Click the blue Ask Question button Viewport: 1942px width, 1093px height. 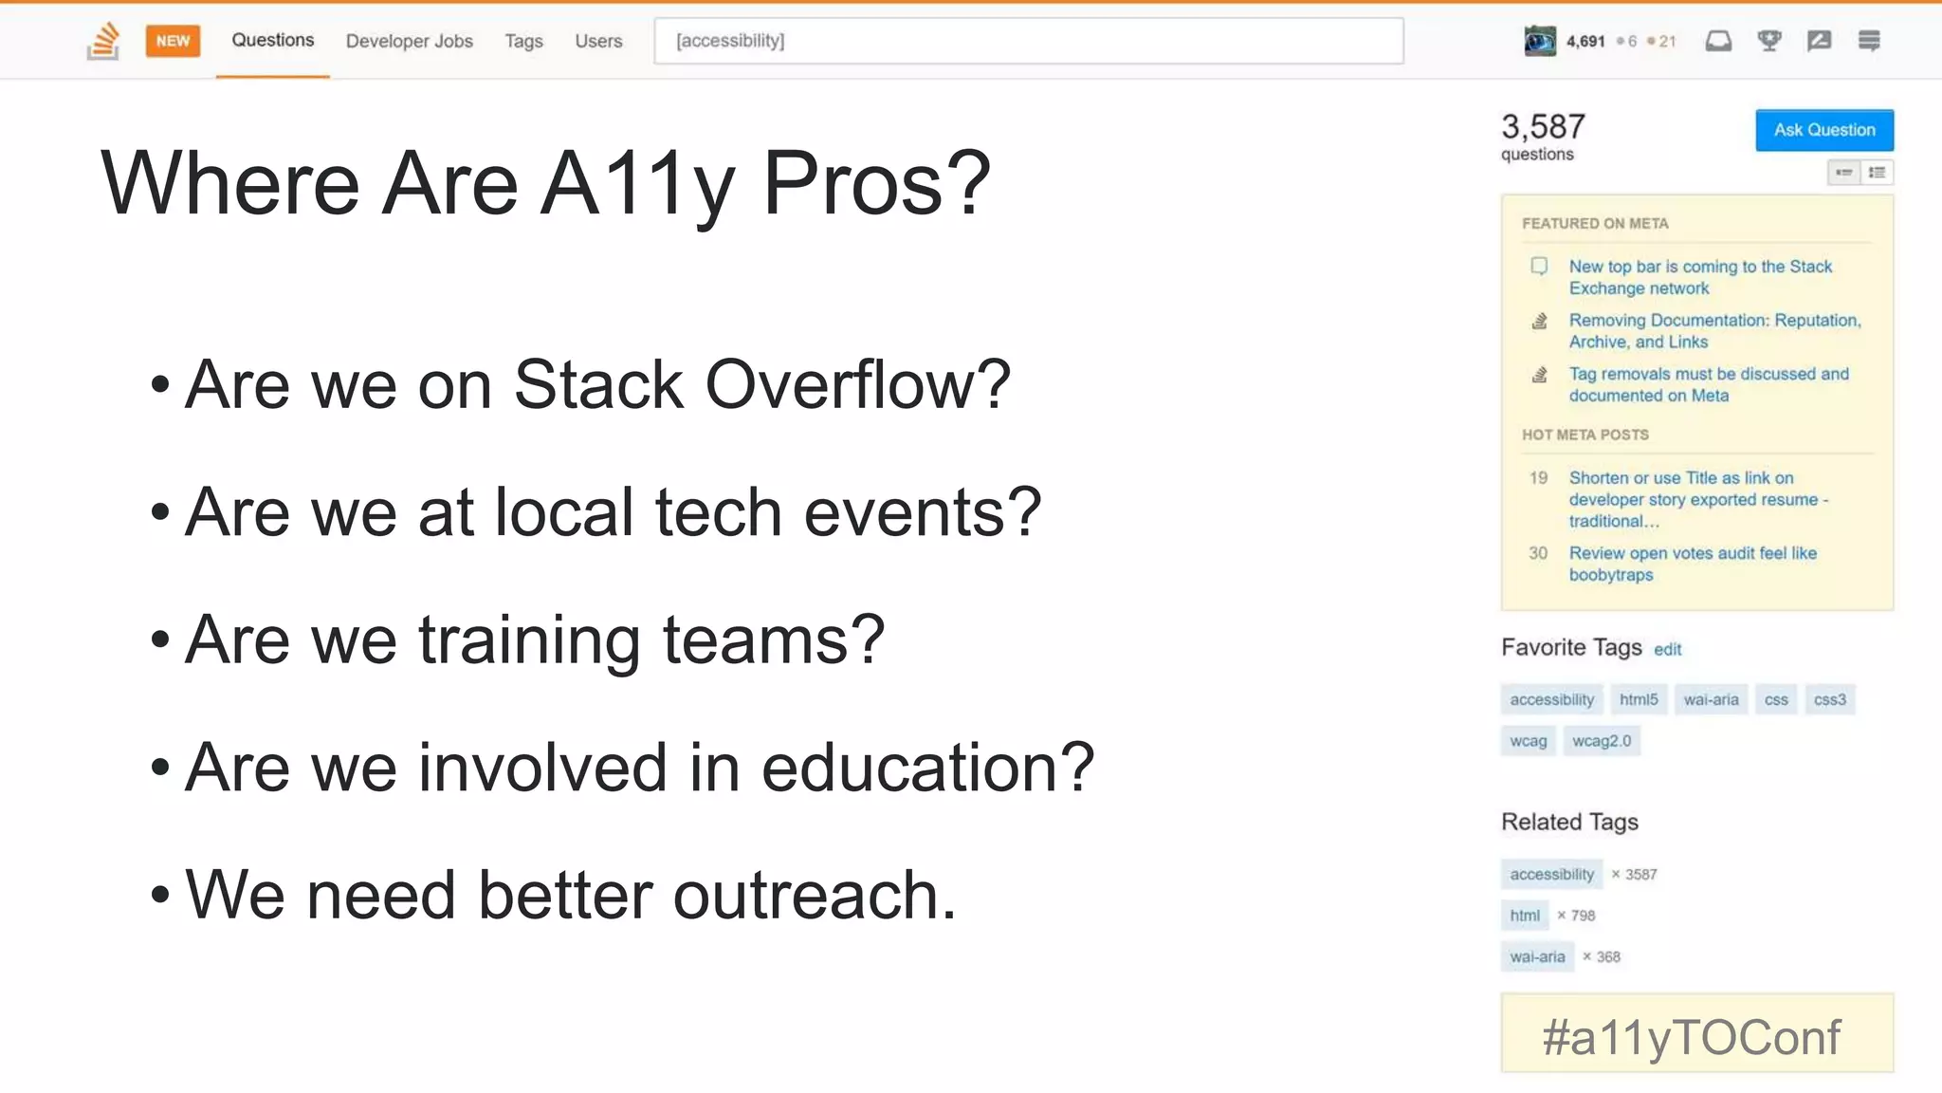(x=1823, y=130)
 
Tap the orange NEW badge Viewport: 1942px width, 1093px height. (x=173, y=41)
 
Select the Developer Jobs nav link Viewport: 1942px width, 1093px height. (x=409, y=41)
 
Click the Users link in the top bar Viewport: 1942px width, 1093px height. (x=598, y=41)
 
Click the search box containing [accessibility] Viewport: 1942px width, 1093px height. (x=1028, y=41)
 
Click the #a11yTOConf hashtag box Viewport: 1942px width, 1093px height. (x=1696, y=1035)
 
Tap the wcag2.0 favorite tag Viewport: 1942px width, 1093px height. (x=1601, y=741)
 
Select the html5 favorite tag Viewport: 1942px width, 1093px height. (x=1638, y=699)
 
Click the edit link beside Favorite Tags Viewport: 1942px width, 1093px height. (x=1667, y=650)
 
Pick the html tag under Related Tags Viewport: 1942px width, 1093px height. (x=1524, y=916)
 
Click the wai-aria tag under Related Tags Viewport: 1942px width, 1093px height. (x=1537, y=956)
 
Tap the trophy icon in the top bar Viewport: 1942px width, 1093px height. (x=1768, y=41)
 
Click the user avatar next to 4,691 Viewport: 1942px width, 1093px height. (x=1539, y=41)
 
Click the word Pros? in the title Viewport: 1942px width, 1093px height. (x=876, y=183)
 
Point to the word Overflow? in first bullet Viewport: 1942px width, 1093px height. (x=857, y=385)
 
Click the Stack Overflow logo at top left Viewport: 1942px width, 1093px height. (x=103, y=41)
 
